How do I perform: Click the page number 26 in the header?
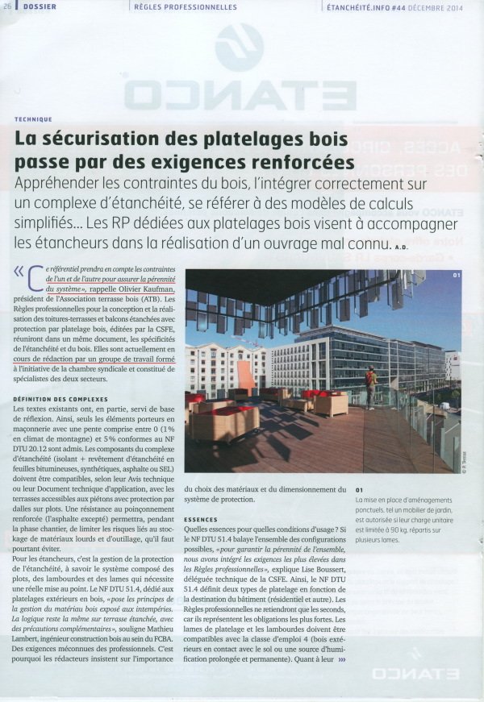tap(8, 6)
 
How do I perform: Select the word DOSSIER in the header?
tap(39, 6)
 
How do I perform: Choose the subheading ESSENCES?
tap(201, 520)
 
